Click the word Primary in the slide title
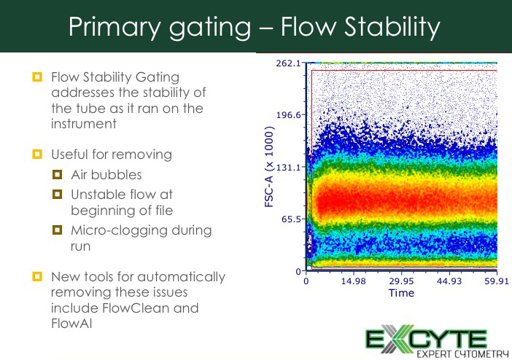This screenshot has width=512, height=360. pos(115,28)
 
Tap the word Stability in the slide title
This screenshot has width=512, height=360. pos(393,28)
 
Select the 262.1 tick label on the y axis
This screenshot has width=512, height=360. pos(288,63)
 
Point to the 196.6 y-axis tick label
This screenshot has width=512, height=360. pos(288,115)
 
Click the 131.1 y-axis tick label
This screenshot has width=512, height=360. pos(288,168)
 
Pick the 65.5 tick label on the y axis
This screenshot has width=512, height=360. pos(291,219)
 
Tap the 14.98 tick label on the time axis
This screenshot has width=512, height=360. pos(353,281)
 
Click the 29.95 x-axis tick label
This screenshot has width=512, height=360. pos(401,281)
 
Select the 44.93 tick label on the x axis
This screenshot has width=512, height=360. pos(449,281)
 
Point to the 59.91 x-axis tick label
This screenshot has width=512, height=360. pos(497,281)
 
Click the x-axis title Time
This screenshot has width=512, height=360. pos(401,293)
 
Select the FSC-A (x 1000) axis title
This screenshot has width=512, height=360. pos(269,167)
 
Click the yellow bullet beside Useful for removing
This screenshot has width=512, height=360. pos(37,154)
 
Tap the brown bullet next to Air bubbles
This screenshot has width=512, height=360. pos(57,175)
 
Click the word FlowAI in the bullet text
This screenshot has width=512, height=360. pos(71,323)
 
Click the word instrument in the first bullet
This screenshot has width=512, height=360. pos(84,124)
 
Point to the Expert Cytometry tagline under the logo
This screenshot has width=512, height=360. pos(462,354)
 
